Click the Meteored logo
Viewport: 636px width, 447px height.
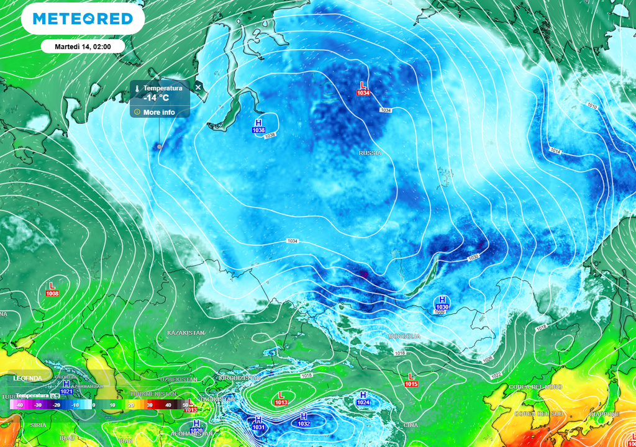(x=83, y=19)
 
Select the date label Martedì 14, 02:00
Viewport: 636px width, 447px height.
(x=83, y=46)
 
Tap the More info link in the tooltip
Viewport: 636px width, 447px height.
(x=159, y=112)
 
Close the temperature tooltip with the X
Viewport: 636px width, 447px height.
(x=198, y=88)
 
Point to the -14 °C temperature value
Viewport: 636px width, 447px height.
(x=156, y=97)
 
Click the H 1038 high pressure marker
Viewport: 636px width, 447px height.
(x=258, y=126)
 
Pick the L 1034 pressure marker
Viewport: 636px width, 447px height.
(x=363, y=88)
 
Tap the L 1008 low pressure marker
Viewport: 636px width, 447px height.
(x=52, y=289)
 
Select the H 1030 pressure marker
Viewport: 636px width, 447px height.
(x=442, y=303)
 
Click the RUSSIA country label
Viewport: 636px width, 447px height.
(x=370, y=153)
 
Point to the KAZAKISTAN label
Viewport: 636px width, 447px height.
(x=186, y=333)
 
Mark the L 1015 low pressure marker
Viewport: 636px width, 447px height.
(x=411, y=380)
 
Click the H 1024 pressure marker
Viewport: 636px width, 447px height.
(x=363, y=399)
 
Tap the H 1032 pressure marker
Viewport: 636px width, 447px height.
(x=304, y=420)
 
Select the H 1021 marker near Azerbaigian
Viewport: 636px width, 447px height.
(x=66, y=387)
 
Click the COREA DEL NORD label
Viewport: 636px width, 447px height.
(x=535, y=387)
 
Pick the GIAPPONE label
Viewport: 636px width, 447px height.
(x=605, y=414)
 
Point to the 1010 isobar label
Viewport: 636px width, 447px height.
(x=592, y=106)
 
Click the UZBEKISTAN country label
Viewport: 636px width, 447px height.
(x=178, y=379)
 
